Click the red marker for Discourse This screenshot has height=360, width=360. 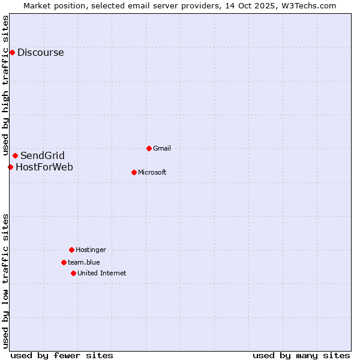12,52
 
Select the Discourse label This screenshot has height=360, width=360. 40,52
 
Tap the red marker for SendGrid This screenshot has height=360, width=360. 15,156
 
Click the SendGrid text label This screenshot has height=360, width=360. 42,156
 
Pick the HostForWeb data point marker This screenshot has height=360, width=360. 10,167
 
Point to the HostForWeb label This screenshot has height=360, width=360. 44,167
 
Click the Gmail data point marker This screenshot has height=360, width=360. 149,148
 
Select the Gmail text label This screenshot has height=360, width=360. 162,148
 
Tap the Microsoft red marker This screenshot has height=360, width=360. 134,172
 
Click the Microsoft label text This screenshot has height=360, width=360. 152,172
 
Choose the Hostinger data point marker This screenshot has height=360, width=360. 71,250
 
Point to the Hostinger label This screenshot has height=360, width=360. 91,250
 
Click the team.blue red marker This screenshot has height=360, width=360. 64,262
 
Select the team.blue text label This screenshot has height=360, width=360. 83,262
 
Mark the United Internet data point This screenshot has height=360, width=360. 73,273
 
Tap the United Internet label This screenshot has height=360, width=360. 101,273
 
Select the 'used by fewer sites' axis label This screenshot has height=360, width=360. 62,355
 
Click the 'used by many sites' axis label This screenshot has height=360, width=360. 301,355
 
